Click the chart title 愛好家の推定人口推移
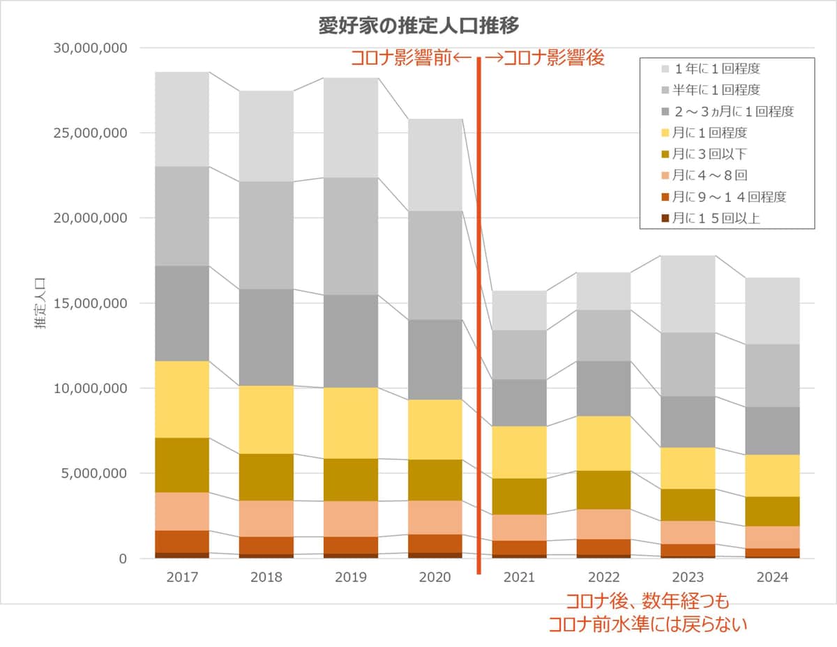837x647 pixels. pos(418,26)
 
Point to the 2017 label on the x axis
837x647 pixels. pos(182,577)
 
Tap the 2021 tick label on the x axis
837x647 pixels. pos(519,577)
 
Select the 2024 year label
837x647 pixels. pos(772,577)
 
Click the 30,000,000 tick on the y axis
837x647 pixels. pos(89,48)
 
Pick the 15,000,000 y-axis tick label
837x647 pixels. pos(89,303)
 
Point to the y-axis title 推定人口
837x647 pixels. pos(40,303)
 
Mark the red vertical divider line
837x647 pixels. pos(479,314)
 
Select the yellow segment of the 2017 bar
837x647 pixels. pos(182,399)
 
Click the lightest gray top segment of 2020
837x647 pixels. pos(435,165)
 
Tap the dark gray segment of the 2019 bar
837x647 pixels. pos(351,341)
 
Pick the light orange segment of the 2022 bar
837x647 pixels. pos(603,524)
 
